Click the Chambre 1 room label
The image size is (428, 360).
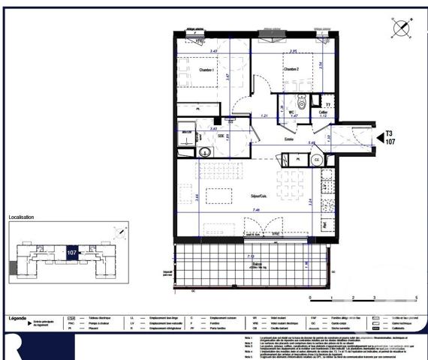click(x=207, y=70)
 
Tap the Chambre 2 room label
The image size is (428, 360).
click(x=291, y=70)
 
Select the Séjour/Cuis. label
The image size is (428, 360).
click(x=261, y=196)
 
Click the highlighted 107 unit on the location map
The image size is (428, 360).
click(x=73, y=253)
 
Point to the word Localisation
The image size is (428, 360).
click(x=21, y=217)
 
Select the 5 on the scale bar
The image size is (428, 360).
click(x=415, y=297)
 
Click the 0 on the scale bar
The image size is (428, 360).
click(x=309, y=297)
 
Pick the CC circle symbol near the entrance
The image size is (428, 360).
click(x=318, y=160)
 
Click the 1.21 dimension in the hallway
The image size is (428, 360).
click(x=265, y=117)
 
